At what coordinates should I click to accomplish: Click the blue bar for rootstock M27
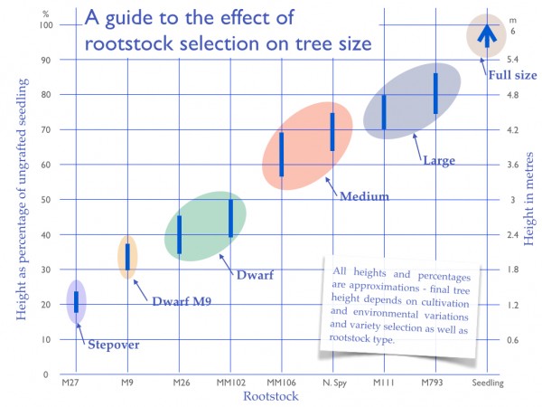pyautogui.click(x=76, y=302)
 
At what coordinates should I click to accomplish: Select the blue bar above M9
pyautogui.click(x=127, y=257)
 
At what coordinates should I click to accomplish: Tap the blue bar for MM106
pyautogui.click(x=282, y=155)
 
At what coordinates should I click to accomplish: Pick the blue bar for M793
pyautogui.click(x=435, y=93)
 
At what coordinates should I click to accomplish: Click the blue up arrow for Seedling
pyautogui.click(x=487, y=35)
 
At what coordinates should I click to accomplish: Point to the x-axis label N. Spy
pyautogui.click(x=332, y=384)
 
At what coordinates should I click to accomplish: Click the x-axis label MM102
pyautogui.click(x=230, y=384)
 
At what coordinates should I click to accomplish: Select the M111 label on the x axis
pyautogui.click(x=384, y=384)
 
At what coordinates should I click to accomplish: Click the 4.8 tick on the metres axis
pyautogui.click(x=513, y=95)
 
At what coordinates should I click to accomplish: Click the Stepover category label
pyautogui.click(x=114, y=344)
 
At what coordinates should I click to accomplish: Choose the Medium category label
pyautogui.click(x=364, y=196)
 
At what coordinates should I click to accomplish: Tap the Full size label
pyautogui.click(x=513, y=73)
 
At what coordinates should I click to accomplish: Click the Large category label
pyautogui.click(x=439, y=161)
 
